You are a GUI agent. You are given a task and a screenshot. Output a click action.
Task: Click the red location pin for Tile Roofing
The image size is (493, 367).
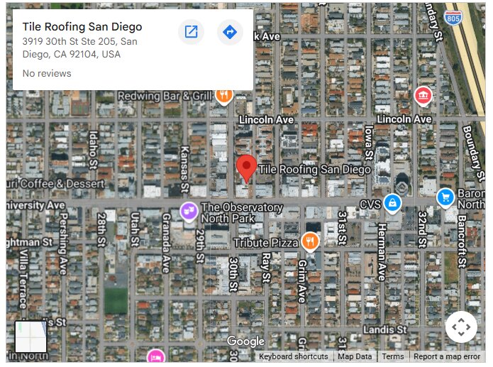click(x=246, y=168)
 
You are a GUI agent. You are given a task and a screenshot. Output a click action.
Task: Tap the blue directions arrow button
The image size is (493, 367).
click(x=230, y=32)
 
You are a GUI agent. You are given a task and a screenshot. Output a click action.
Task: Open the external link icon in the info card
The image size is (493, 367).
click(x=191, y=32)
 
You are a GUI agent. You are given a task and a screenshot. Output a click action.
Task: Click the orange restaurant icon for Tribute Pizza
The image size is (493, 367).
click(x=310, y=242)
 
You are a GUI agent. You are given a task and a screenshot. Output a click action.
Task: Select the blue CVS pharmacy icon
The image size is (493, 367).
click(x=392, y=204)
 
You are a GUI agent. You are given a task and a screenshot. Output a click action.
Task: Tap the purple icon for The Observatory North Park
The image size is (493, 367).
click(x=189, y=211)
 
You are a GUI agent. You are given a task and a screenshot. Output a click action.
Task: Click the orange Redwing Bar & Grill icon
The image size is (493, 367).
click(x=224, y=95)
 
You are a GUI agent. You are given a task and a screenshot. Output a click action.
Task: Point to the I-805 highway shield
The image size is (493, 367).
click(x=450, y=16)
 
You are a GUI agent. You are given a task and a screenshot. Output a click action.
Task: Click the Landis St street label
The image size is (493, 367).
click(x=384, y=330)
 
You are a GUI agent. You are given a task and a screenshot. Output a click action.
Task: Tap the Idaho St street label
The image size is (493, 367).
click(x=93, y=150)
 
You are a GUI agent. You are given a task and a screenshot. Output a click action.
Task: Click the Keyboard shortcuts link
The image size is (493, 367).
click(x=293, y=356)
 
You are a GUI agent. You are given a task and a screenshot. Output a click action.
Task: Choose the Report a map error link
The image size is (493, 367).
click(x=447, y=356)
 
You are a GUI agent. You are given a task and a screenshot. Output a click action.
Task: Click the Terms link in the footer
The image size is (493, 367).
click(x=392, y=356)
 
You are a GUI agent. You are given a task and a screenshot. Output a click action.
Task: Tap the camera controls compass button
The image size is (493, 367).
click(x=461, y=327)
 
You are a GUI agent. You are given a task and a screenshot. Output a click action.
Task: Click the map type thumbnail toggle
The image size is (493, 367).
click(x=31, y=336)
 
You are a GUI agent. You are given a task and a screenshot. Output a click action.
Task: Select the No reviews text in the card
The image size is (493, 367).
click(x=47, y=73)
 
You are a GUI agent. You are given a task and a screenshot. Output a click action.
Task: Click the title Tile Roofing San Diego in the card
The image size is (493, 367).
click(x=82, y=27)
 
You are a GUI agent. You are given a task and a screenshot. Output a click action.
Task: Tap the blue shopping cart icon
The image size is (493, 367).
click(x=445, y=197)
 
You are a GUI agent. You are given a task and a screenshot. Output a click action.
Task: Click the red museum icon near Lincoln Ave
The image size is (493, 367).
click(x=423, y=95)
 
